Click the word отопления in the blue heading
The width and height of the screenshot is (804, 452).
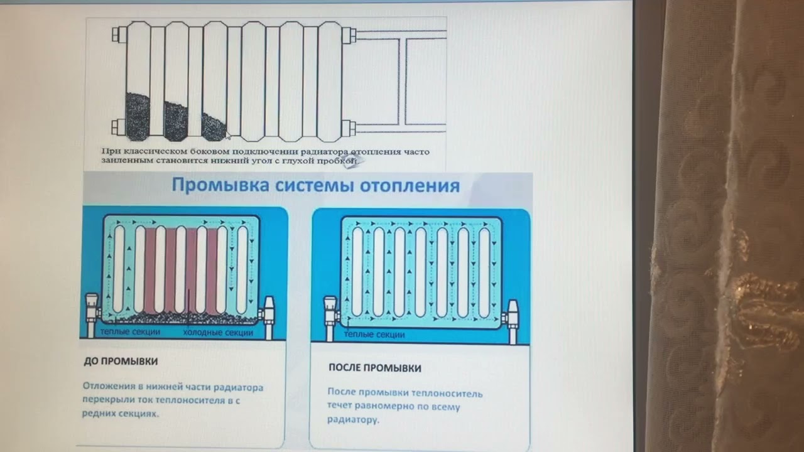coord(410,186)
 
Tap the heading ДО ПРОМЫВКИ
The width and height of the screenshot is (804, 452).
coord(121,362)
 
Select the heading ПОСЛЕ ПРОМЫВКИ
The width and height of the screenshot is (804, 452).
coord(374,368)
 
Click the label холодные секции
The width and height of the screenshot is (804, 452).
coord(218,332)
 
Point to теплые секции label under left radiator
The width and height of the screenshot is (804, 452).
coord(129,331)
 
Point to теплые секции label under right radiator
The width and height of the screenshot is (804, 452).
coord(374,335)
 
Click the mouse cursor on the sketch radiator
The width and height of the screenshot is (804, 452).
coord(229,135)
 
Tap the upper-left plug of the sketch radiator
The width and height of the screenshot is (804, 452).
coord(117,34)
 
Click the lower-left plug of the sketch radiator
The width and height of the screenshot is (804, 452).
coord(117,127)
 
